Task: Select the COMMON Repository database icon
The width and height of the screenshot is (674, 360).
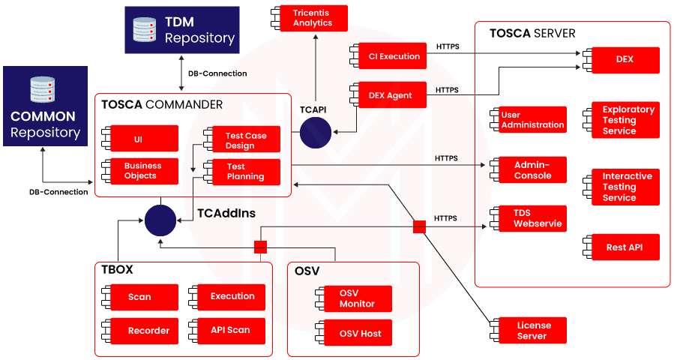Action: click(43, 90)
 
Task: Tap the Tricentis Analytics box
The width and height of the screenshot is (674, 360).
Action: click(313, 18)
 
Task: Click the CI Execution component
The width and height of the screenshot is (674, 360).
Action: click(389, 56)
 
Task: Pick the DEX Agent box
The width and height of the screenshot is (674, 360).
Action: click(390, 95)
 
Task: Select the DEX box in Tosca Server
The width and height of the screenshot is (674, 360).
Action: click(625, 60)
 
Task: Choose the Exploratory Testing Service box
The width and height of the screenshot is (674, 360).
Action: click(625, 120)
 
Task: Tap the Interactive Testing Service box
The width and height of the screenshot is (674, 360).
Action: click(625, 187)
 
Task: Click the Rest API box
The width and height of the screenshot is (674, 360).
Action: click(625, 247)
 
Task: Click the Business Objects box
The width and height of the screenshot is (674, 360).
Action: click(143, 171)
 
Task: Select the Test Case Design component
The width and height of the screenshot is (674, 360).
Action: click(243, 140)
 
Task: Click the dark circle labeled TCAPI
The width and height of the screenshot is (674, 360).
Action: click(315, 133)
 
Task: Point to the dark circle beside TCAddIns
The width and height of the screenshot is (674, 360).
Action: click(160, 220)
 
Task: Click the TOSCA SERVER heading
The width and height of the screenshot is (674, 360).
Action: click(532, 34)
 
